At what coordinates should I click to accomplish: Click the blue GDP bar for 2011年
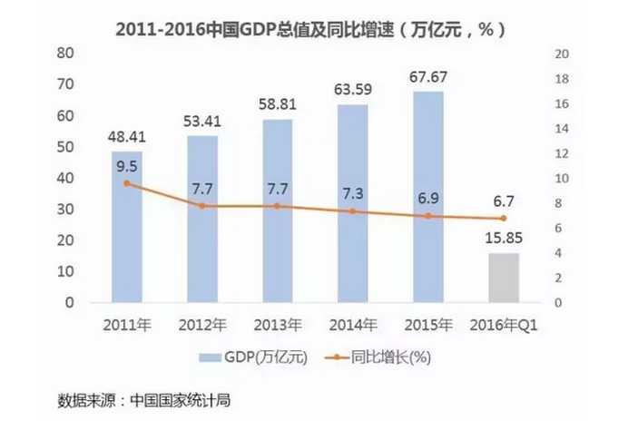coord(127,227)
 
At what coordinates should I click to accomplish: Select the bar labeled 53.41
coord(202,219)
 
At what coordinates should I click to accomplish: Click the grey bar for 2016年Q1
coord(504,278)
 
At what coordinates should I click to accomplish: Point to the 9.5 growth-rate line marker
coord(127,184)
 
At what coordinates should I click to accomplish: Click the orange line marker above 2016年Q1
coord(504,219)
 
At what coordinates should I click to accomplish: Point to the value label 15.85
coord(504,239)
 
